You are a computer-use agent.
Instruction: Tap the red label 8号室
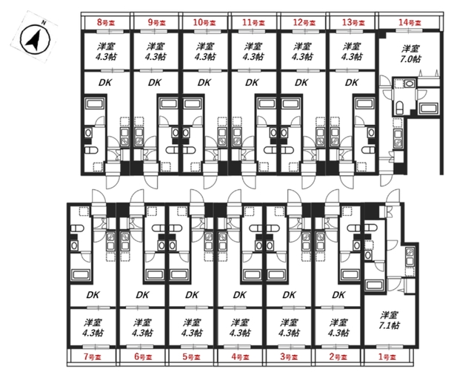coord(106,22)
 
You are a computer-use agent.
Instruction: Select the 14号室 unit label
coord(410,22)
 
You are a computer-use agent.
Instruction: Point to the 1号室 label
coord(387,357)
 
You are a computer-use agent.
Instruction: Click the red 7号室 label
coord(93,357)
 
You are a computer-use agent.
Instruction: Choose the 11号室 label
coord(253,22)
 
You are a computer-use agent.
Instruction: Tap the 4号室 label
coord(240,357)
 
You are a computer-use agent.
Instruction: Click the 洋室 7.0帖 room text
coord(410,54)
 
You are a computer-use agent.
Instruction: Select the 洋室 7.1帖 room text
coord(389,321)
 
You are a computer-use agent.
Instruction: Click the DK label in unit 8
coord(105,82)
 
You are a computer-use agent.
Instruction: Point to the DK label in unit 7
coord(93,295)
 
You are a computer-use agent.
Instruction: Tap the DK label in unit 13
coord(352,82)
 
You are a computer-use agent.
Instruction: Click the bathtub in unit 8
coord(95,103)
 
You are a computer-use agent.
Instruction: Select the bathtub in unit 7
coord(81,275)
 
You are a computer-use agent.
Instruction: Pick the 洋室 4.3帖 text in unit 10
coord(205,52)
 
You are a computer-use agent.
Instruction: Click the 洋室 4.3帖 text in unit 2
coord(338,327)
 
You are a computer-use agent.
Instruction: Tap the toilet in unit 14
coord(399,108)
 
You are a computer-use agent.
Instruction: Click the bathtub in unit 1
coord(375,285)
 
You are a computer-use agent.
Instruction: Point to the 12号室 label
coord(304,22)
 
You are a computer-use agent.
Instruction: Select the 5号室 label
coord(191,357)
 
